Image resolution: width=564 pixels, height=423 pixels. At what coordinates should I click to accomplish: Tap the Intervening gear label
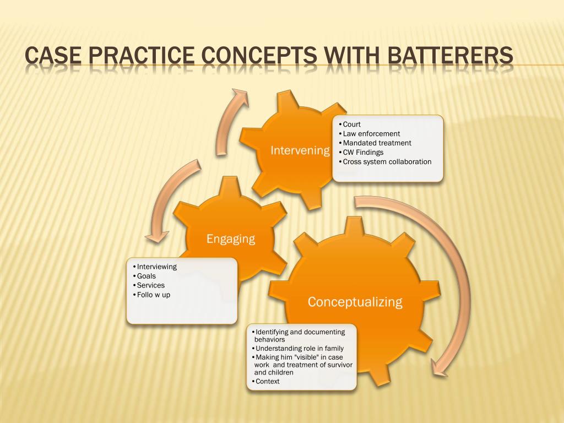(300, 150)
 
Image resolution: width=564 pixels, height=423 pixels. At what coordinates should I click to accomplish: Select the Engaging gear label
(231, 238)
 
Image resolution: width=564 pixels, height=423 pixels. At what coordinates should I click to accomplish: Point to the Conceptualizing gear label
(355, 302)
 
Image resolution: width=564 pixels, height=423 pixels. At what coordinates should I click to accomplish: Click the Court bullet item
(351, 124)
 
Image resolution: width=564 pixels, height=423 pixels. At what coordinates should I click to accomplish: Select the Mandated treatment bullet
(377, 143)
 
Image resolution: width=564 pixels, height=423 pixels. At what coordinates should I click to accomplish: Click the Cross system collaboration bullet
(387, 162)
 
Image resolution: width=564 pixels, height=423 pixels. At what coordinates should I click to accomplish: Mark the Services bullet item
(150, 285)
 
